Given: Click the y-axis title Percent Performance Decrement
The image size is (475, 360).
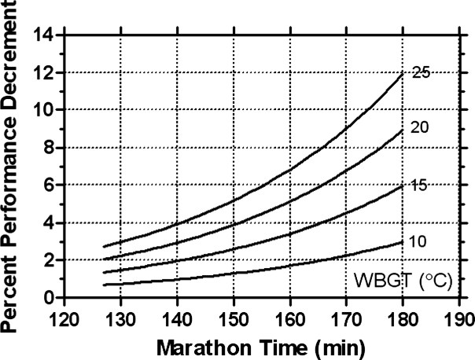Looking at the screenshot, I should pyautogui.click(x=14, y=165).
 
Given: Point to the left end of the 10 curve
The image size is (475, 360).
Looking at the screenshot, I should pyautogui.click(x=103, y=285).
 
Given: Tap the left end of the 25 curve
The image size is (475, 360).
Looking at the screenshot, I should pyautogui.click(x=103, y=247).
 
